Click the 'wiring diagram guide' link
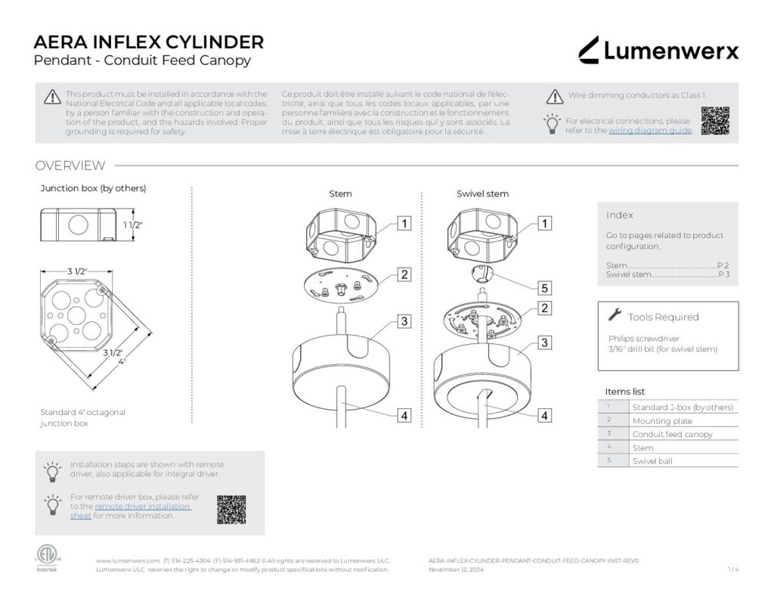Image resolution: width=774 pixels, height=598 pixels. click(x=649, y=131)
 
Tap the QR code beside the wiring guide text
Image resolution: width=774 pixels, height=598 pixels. click(x=714, y=120)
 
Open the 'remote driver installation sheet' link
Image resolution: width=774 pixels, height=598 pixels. click(x=142, y=507)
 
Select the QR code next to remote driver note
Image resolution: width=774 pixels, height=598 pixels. click(x=231, y=510)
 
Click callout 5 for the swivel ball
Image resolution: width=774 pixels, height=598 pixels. click(x=544, y=287)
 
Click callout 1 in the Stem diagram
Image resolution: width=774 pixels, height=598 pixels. click(x=405, y=223)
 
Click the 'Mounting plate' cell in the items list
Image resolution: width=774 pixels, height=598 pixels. click(x=662, y=420)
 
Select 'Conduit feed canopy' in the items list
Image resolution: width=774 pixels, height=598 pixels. click(x=672, y=434)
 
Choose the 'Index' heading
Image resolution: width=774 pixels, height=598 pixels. click(x=619, y=215)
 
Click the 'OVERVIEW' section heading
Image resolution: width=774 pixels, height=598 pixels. click(x=70, y=166)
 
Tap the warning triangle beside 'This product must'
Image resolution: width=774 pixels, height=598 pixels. click(x=51, y=96)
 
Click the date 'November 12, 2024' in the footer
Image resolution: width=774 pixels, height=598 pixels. click(x=456, y=569)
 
